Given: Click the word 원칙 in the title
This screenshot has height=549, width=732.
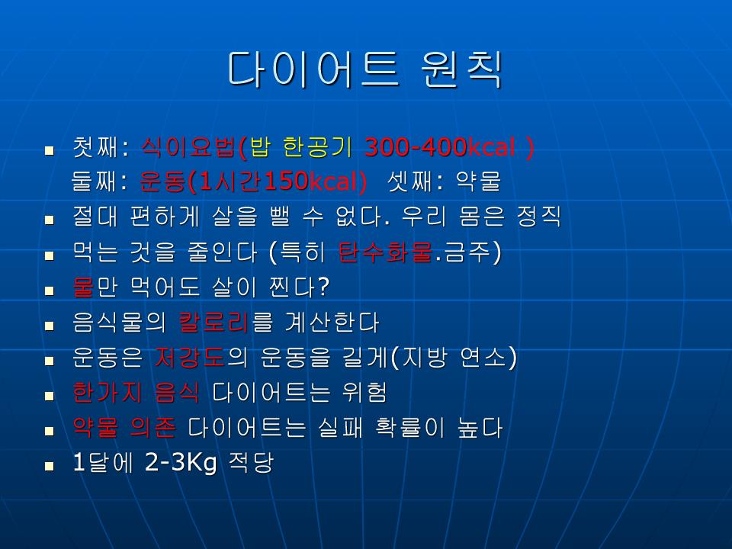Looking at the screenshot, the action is pos(461,69).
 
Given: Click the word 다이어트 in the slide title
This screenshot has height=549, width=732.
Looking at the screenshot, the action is pos(313,69).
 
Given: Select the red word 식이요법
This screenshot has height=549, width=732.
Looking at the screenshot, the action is pos(188,147).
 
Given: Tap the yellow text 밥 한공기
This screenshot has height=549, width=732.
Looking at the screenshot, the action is pos(301,147).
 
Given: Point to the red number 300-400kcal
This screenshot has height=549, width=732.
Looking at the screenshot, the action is pos(440,147).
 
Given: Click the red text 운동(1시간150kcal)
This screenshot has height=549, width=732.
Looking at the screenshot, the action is pos(253,181).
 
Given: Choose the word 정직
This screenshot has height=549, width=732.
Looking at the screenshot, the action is pos(538,216).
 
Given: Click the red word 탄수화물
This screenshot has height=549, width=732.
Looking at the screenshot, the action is pos(385,252).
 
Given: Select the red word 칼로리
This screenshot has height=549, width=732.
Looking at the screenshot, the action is pos(213,322).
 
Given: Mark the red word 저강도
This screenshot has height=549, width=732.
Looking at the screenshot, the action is pos(190,357).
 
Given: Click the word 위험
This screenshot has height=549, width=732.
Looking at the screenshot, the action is pos(364,392).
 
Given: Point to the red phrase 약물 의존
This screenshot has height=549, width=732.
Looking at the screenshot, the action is pos(124,427).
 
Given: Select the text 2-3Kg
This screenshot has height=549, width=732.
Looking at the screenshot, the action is pos(181,463).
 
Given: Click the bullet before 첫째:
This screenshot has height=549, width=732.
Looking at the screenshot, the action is pos(50,150).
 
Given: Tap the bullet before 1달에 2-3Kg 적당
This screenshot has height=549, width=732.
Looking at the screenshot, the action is pos(50,465).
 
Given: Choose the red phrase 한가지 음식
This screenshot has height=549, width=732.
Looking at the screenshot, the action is pos(136,392).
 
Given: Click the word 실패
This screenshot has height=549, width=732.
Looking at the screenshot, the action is pos(340,427).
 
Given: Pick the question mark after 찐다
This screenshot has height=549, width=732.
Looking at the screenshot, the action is pos(323,287).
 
